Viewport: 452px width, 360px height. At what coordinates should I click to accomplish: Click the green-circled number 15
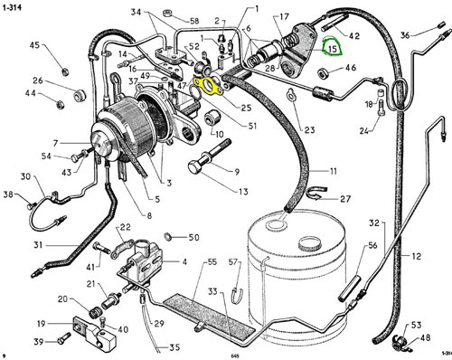[x=333, y=49]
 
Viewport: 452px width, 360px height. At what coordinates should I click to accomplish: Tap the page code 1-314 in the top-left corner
[x=12, y=7]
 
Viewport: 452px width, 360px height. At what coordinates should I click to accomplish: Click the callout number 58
[x=194, y=21]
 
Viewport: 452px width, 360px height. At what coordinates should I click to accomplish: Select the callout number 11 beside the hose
[x=333, y=171]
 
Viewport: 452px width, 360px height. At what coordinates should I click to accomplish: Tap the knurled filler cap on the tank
[x=309, y=243]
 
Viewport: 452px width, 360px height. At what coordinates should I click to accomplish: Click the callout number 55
[x=212, y=261]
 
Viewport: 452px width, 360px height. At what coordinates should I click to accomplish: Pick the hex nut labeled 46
[x=324, y=73]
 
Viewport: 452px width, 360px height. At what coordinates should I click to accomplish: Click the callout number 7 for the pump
[x=55, y=143]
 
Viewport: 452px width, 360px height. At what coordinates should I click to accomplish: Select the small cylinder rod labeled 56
[x=350, y=288]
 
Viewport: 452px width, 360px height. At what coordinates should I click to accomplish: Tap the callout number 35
[x=174, y=347]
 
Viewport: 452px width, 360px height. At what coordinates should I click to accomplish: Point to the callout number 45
[x=34, y=45]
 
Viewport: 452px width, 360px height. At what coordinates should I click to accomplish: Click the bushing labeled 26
[x=80, y=96]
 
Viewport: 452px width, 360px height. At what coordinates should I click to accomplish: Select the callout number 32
[x=374, y=223]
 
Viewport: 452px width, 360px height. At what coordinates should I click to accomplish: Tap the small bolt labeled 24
[x=381, y=108]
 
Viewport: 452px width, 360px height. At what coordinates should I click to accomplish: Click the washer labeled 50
[x=167, y=236]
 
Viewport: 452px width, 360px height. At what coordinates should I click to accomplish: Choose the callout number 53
[x=416, y=325]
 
